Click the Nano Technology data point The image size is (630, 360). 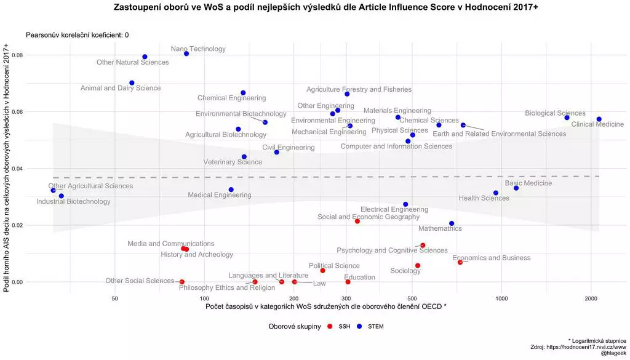[186, 54]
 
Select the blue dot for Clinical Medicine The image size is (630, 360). [599, 119]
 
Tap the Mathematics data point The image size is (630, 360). [452, 223]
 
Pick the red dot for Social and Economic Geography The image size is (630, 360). [357, 222]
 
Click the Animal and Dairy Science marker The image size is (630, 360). [132, 83]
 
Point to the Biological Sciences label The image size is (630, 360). [555, 113]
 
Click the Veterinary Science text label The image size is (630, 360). [233, 162]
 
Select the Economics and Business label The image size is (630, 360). [491, 258]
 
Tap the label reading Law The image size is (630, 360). [319, 284]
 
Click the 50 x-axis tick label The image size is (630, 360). [115, 298]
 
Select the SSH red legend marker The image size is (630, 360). [330, 326]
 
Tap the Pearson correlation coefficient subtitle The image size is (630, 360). [77, 36]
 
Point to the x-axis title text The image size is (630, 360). [326, 306]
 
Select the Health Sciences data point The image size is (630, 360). [496, 193]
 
